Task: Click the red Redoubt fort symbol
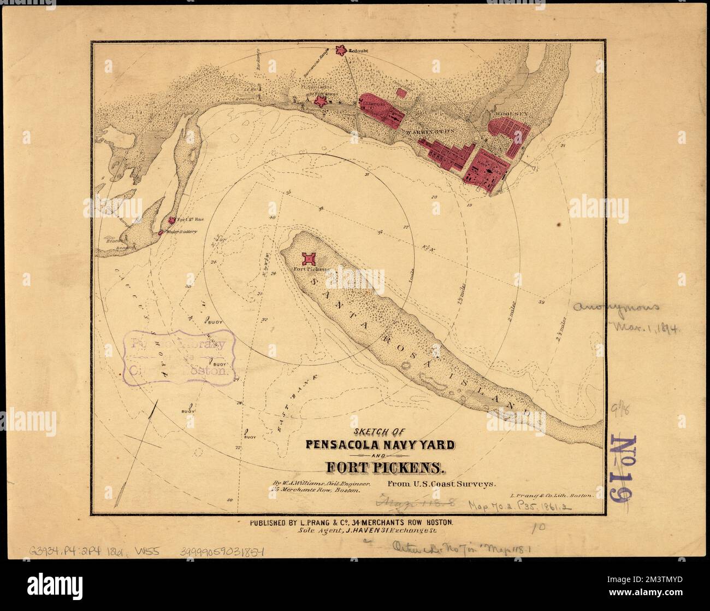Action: pos(342,50)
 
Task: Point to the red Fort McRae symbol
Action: pos(172,220)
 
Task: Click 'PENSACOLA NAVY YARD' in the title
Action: pos(377,444)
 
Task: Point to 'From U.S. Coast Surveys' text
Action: pos(441,484)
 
